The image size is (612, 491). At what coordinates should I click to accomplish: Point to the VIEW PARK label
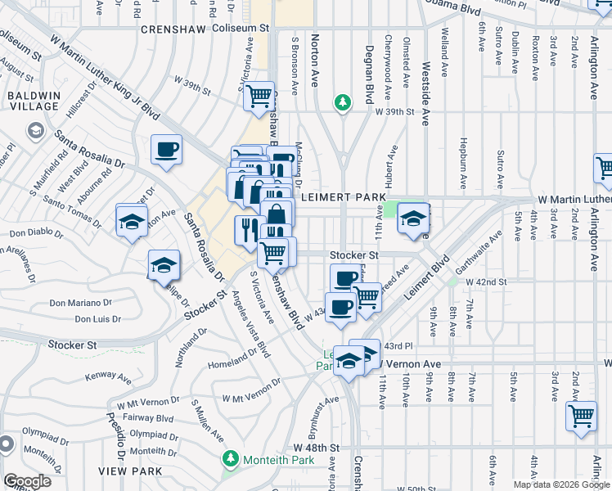coord(123,471)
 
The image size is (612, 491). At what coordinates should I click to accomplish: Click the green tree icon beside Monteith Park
coord(232,459)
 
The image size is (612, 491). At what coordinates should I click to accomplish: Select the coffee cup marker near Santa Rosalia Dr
coord(166,150)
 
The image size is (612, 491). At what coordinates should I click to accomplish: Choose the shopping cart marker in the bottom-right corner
coord(581,415)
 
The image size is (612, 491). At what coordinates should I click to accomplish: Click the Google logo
coord(27,481)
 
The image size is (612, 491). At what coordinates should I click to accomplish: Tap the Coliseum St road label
coord(241,28)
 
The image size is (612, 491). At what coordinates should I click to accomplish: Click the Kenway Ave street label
coord(109,379)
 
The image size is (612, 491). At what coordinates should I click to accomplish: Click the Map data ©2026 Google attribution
coord(561,484)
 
